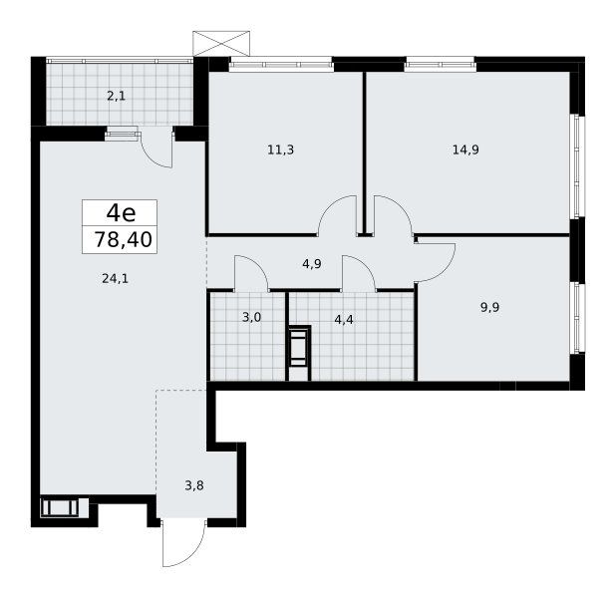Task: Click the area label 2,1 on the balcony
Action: click(x=117, y=96)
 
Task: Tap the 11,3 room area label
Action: click(x=280, y=149)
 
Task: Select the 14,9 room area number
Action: click(x=465, y=149)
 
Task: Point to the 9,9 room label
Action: click(x=489, y=307)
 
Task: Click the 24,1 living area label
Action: click(x=115, y=279)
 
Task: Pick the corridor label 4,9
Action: click(x=312, y=264)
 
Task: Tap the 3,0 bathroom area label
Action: click(x=252, y=317)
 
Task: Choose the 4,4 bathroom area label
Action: click(x=344, y=320)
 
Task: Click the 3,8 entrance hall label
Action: click(x=194, y=486)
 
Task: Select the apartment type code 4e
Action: click(x=121, y=213)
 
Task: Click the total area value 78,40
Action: click(x=123, y=239)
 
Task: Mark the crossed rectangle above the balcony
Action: click(x=221, y=44)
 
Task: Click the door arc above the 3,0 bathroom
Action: click(x=259, y=264)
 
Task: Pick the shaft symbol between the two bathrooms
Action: click(x=300, y=346)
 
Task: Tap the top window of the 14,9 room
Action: click(x=441, y=65)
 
